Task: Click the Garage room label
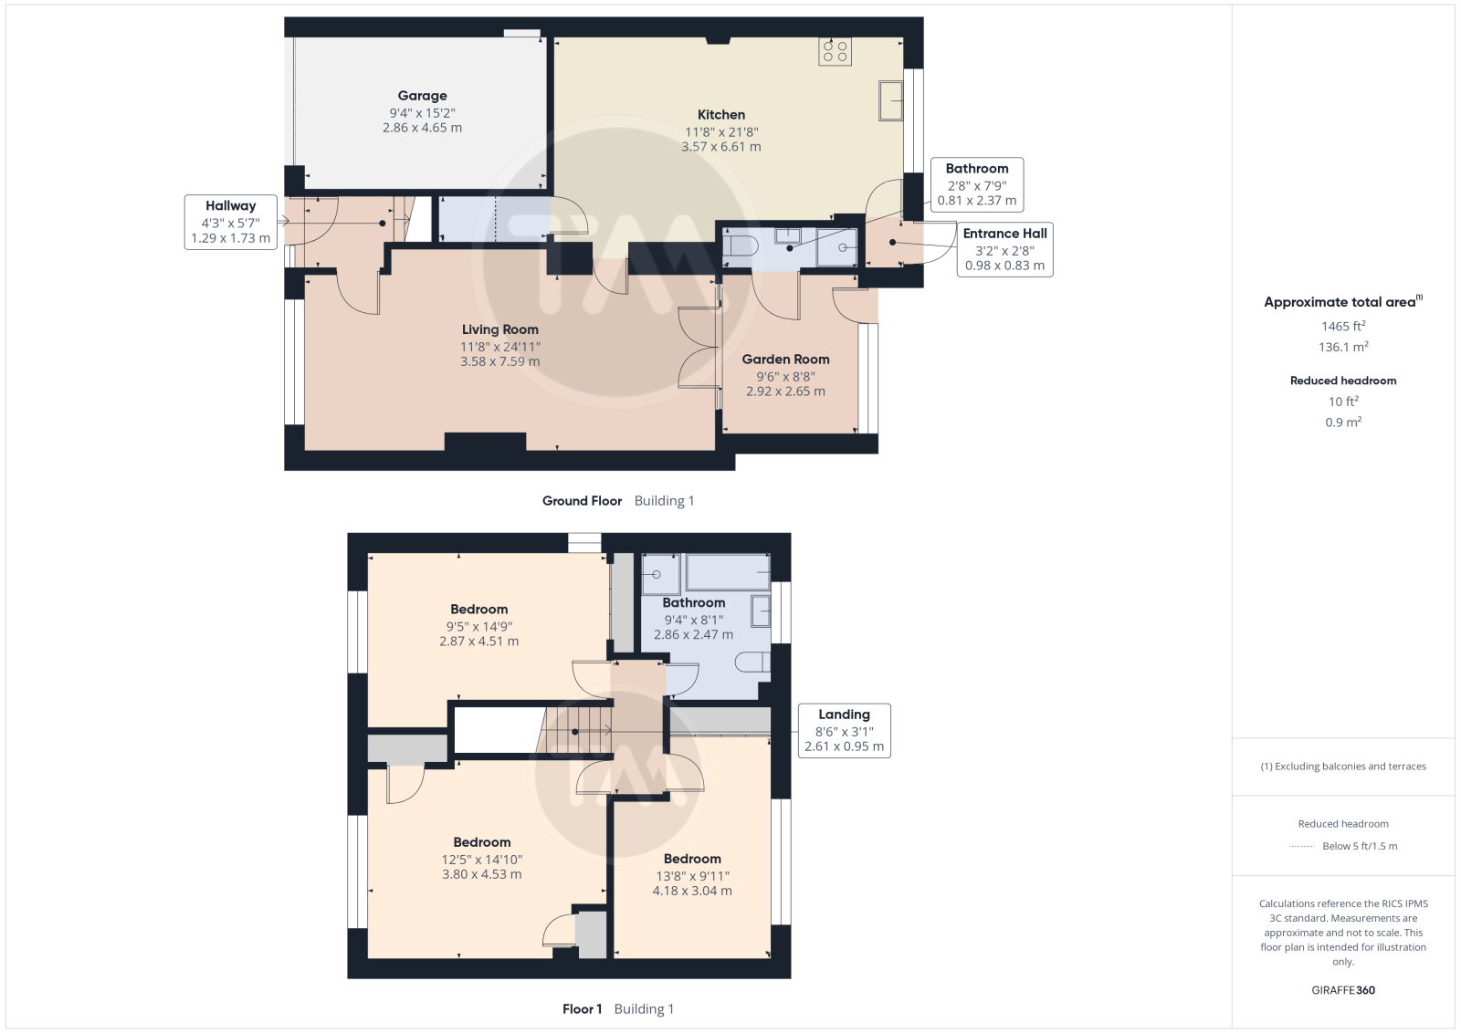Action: click(422, 96)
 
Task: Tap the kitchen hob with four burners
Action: click(835, 51)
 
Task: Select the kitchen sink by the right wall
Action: click(890, 100)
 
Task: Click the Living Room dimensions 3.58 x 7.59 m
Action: click(500, 361)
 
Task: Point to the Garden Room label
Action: click(785, 360)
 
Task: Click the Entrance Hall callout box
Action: click(1004, 250)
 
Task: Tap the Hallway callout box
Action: click(230, 223)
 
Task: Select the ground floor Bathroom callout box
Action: click(976, 184)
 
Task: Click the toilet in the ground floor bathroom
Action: click(741, 246)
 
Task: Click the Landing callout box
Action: click(844, 731)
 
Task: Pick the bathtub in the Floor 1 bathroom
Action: click(727, 572)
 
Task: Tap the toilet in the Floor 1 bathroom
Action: click(752, 663)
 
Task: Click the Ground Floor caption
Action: click(582, 501)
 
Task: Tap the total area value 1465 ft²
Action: click(1342, 326)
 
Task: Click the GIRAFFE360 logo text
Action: click(1343, 990)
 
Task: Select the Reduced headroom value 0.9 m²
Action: click(1343, 423)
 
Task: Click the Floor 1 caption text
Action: click(582, 1009)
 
